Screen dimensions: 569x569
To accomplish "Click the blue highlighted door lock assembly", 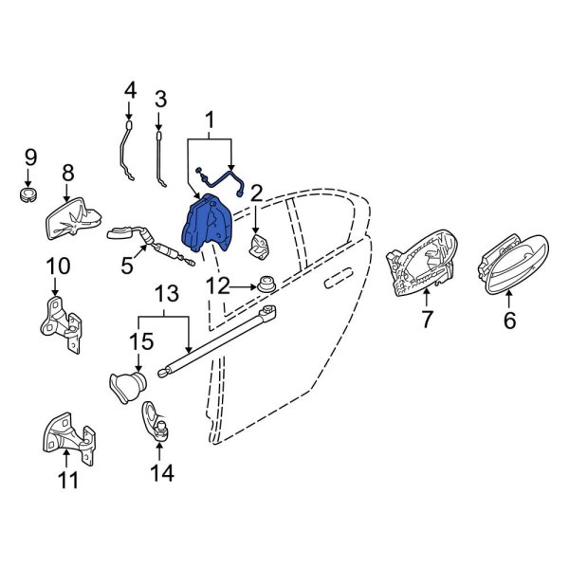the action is click(x=206, y=223).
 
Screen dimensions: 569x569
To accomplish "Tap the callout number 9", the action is click(x=31, y=157).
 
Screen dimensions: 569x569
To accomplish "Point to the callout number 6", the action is click(x=509, y=320).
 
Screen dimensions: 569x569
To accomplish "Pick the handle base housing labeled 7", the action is click(x=422, y=262).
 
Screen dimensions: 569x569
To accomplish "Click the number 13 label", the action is click(x=167, y=293).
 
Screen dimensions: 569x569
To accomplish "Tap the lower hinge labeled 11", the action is click(x=68, y=438).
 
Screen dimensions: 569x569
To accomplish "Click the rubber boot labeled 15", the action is click(x=127, y=388).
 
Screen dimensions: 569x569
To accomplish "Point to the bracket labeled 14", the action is click(x=156, y=422).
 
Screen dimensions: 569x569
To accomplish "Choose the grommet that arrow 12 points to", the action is click(x=266, y=284).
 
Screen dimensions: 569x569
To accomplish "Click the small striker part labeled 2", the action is click(x=260, y=247).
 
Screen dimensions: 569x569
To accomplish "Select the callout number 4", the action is click(x=130, y=91).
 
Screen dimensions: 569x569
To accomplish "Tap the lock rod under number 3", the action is click(x=159, y=159).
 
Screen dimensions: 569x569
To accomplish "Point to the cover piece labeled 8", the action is click(x=74, y=218).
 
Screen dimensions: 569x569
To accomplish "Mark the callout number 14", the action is click(x=162, y=473).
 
